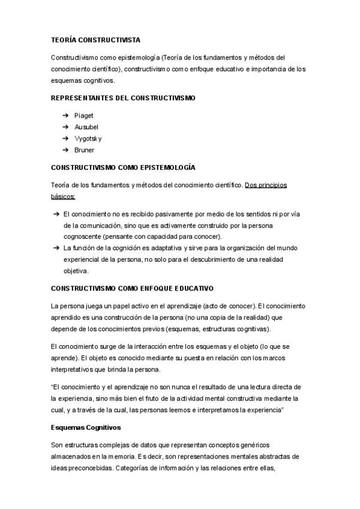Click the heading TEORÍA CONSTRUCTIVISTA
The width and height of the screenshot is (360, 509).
pos(95,40)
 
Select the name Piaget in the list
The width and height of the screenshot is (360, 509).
pos(83,115)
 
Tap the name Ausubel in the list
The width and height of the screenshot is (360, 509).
pos(86,127)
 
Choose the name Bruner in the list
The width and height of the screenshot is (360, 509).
pos(84,149)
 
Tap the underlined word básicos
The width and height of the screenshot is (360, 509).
pos(63,196)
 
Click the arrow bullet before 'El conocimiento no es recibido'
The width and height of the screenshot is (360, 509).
pos(55,214)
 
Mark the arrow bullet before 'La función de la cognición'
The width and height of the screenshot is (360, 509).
pos(55,248)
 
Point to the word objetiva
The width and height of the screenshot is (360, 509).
pos(76,271)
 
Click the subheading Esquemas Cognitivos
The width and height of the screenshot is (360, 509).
pos(86,427)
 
